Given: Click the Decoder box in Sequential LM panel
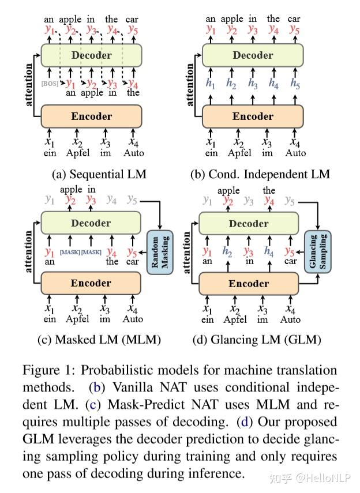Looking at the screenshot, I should coord(91,55).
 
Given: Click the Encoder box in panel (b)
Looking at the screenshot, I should coord(253,116).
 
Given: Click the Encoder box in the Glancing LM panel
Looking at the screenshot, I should coord(249,284).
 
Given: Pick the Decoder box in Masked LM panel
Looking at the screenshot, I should coord(91,223).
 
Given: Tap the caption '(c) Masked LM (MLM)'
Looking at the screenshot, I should coord(99,340).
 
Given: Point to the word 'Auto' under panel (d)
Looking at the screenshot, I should coord(290,319).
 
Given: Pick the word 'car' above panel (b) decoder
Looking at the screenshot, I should coord(294,19).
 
